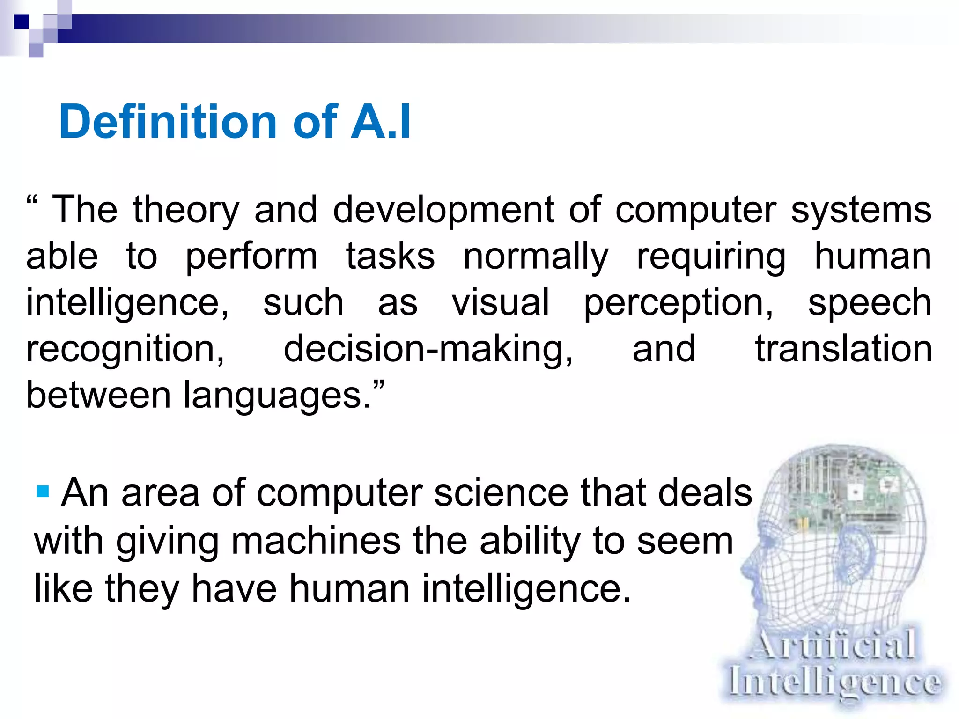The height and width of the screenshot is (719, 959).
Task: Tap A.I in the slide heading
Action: pos(380,122)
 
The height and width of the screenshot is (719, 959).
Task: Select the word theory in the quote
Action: pos(186,211)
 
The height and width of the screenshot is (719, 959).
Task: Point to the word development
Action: pos(443,211)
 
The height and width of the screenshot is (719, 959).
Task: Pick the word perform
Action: pos(251,257)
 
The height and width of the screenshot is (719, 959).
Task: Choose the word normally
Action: pos(536,257)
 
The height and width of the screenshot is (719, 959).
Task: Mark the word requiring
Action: pos(711,257)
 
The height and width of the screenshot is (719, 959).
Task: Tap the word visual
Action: pos(500,303)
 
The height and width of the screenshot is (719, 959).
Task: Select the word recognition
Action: pos(125,350)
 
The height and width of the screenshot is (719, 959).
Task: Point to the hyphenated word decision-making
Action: pos(428,350)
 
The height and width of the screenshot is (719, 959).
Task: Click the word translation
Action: pos(843,349)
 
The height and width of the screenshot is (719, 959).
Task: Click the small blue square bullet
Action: pos(43,492)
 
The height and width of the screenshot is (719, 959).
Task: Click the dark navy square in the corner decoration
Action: pos(21,22)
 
